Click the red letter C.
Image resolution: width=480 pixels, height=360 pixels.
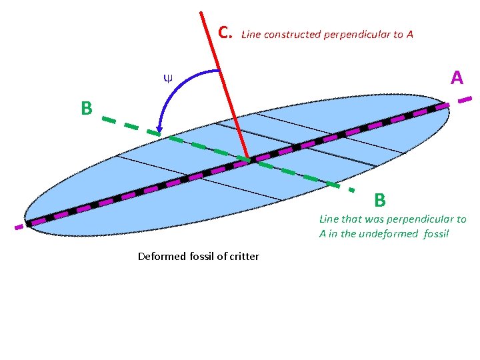tap(225, 32)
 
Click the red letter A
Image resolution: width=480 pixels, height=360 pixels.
tap(457, 79)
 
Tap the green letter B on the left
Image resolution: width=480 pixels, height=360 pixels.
tap(86, 108)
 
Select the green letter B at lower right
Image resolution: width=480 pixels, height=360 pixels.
tap(380, 200)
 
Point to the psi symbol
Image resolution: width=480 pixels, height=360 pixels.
tap(167, 78)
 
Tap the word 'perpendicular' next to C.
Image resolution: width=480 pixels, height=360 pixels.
tap(358, 34)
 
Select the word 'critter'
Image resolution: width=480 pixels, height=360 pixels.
tap(244, 256)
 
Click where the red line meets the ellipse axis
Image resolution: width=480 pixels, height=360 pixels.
tap(249, 159)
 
